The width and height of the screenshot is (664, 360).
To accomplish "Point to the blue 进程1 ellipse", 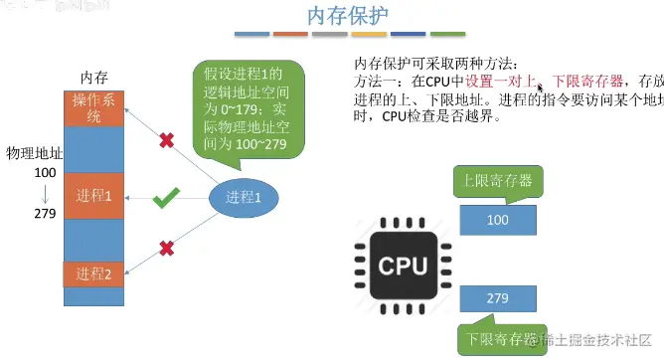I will (x=244, y=196).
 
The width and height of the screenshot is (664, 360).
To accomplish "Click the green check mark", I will (x=165, y=201).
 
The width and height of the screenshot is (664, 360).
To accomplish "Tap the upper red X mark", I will (x=166, y=140).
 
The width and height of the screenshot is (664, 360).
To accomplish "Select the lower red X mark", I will (x=167, y=247).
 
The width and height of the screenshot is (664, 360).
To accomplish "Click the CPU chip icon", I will (x=403, y=266).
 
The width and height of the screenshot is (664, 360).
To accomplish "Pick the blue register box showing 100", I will (x=498, y=218).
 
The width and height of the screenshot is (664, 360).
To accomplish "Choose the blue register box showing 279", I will (x=498, y=297).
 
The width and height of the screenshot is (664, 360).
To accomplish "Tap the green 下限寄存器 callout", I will (x=496, y=338).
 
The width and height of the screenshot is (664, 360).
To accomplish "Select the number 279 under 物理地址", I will (x=43, y=213).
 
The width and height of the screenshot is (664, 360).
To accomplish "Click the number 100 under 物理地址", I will (x=43, y=173).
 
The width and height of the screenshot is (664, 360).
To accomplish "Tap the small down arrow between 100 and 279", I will (x=43, y=193).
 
